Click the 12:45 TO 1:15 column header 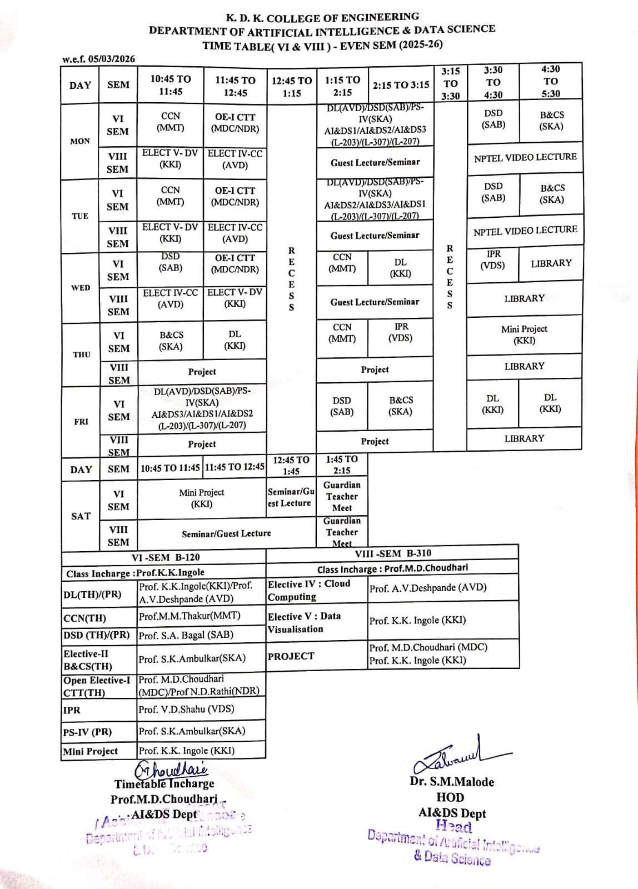(x=291, y=87)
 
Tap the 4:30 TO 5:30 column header (x=550, y=81)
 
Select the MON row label (x=79, y=141)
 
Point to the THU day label (x=81, y=354)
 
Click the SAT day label (x=81, y=516)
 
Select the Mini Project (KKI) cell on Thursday (x=524, y=334)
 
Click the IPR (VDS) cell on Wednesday (x=493, y=260)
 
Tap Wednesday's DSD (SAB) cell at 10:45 (x=171, y=262)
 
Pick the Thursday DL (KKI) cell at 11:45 (x=235, y=340)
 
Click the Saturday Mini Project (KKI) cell (x=201, y=498)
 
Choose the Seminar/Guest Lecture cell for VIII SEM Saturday (x=226, y=533)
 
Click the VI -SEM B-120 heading (x=165, y=557)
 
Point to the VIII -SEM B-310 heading (x=392, y=553)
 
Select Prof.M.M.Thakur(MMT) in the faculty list (x=190, y=616)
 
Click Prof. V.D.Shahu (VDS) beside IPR (x=186, y=710)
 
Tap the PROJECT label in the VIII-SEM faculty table (x=291, y=656)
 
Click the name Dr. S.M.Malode (x=452, y=782)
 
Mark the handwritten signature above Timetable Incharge (x=171, y=769)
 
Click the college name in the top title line (x=322, y=17)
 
